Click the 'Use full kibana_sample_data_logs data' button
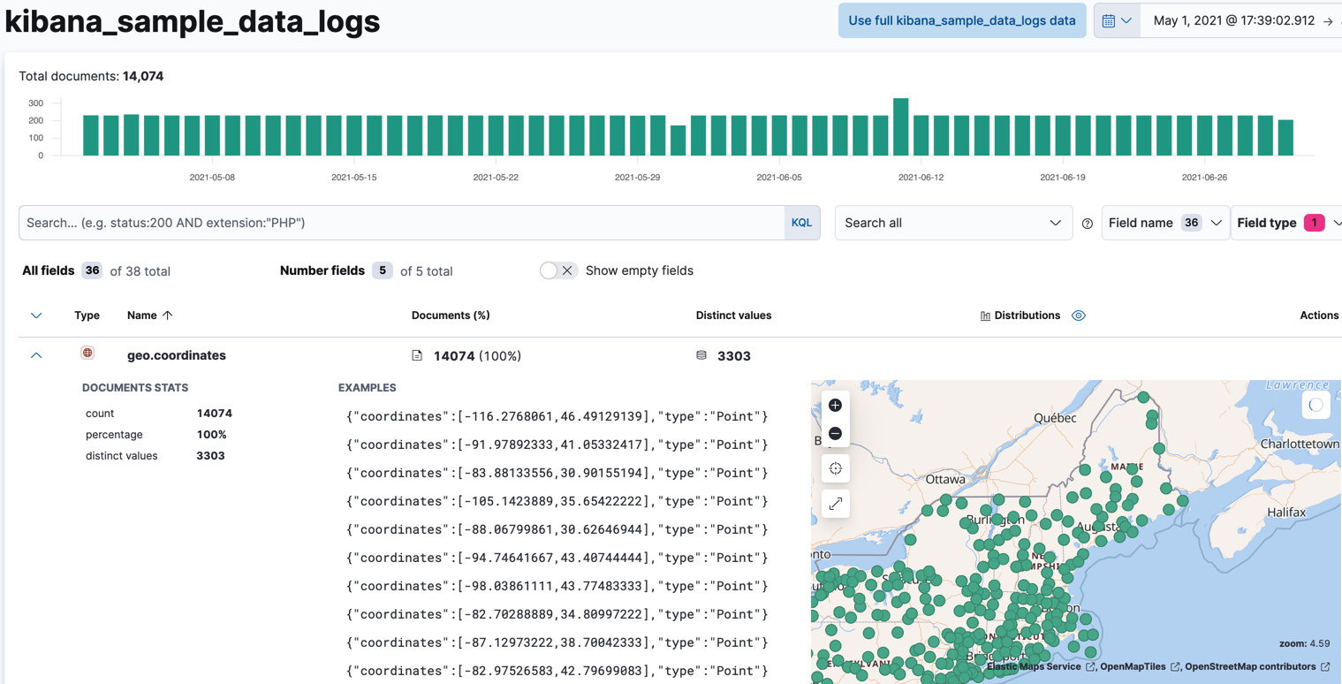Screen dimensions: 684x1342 (x=961, y=20)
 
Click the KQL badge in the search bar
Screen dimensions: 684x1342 (x=801, y=223)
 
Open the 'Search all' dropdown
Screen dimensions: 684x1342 (x=952, y=223)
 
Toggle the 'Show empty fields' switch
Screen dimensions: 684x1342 (x=557, y=270)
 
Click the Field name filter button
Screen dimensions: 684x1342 (x=1164, y=223)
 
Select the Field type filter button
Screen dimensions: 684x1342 (x=1286, y=223)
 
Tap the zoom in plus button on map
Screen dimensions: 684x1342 (x=835, y=406)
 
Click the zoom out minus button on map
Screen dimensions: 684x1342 (x=835, y=434)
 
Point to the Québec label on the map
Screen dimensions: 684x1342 (x=1055, y=418)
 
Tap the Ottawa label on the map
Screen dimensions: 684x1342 (x=945, y=479)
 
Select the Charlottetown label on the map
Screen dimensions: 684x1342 (x=1300, y=444)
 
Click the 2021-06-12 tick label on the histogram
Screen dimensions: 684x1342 (x=921, y=178)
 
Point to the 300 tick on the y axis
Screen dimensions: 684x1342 (x=35, y=103)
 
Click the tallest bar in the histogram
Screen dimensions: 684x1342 (x=900, y=126)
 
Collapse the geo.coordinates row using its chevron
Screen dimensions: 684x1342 (x=36, y=355)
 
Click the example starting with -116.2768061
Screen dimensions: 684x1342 (x=557, y=416)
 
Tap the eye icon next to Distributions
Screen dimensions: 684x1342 (x=1079, y=315)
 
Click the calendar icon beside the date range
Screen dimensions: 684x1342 (x=1108, y=20)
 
